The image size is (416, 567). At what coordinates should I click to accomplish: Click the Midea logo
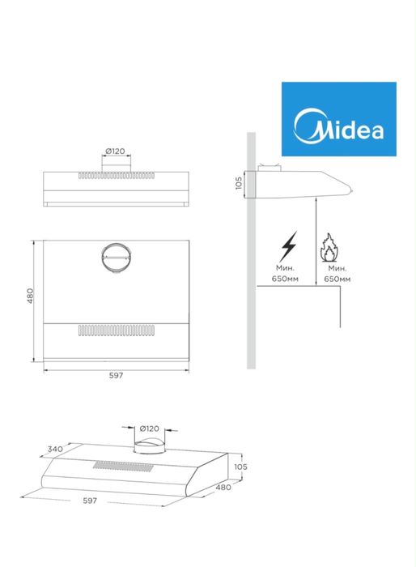(338, 119)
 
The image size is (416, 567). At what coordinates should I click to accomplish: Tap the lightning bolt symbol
(288, 246)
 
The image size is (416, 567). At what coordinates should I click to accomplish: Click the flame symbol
(329, 248)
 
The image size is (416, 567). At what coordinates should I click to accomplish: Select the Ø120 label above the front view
(115, 151)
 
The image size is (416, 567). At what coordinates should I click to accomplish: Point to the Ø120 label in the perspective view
(149, 428)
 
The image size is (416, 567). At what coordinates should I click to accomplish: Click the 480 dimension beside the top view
(31, 296)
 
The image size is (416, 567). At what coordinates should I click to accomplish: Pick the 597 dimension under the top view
(116, 375)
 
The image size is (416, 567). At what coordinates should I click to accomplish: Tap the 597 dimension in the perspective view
(90, 501)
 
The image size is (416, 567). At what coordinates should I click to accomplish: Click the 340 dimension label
(55, 449)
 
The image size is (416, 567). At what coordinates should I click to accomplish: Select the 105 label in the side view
(239, 183)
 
